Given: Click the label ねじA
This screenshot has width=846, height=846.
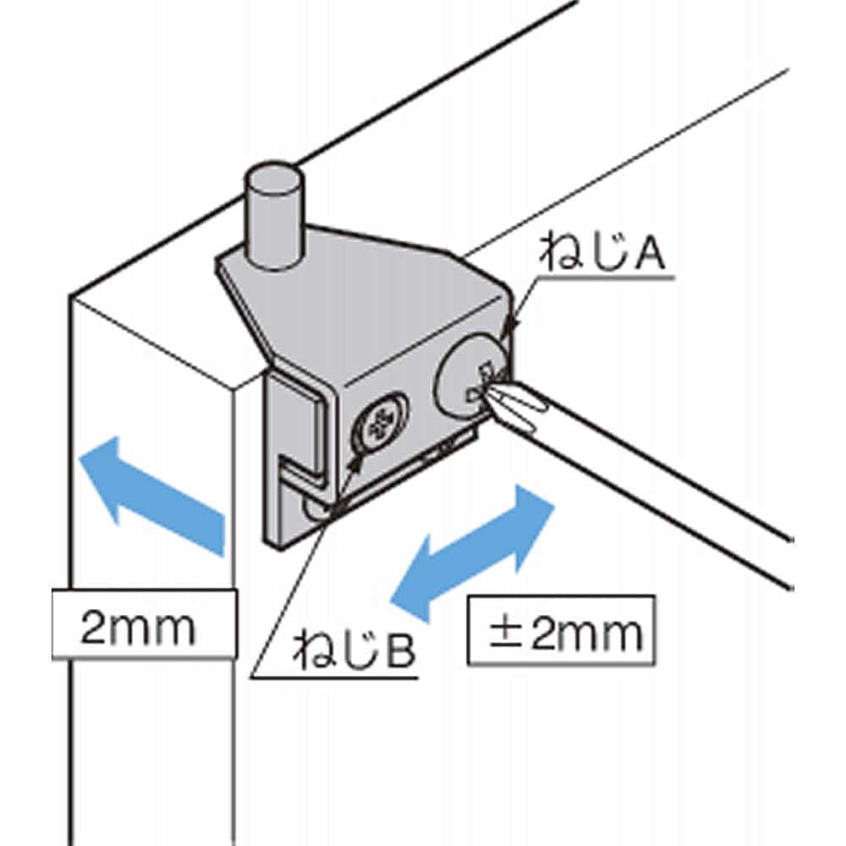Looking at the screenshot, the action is click(x=603, y=251).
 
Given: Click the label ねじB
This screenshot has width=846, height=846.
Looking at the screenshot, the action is click(x=354, y=649).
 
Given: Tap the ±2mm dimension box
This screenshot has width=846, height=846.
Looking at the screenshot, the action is click(x=561, y=630).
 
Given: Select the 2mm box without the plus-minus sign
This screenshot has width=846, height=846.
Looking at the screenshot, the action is click(x=144, y=624).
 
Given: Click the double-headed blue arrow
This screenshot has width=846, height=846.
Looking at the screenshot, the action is click(x=473, y=553).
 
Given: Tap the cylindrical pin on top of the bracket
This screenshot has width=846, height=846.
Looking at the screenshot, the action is click(x=273, y=215).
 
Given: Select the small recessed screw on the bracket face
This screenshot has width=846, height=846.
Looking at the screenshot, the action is click(x=379, y=420).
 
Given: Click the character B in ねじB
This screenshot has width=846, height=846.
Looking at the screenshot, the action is click(x=400, y=650).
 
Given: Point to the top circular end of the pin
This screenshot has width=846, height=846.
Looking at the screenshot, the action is click(x=273, y=178).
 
